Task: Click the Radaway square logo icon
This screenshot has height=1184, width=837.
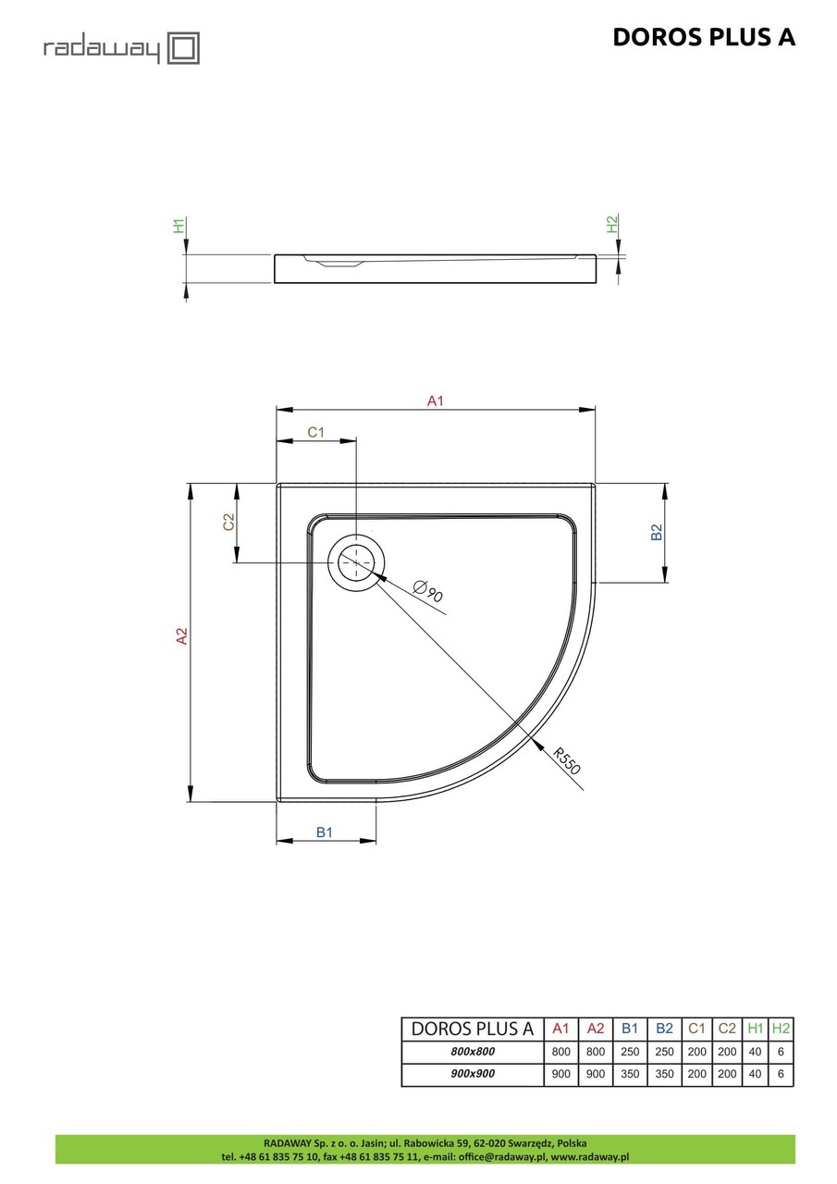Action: (x=183, y=48)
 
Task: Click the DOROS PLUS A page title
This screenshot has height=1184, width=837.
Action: (x=703, y=37)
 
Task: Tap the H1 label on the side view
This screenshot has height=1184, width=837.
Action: (x=179, y=226)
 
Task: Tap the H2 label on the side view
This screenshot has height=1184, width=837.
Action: (x=611, y=224)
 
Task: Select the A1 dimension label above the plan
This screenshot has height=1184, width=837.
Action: (x=436, y=401)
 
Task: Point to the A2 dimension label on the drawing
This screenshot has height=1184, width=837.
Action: (x=182, y=636)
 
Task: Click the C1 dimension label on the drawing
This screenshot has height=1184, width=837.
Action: (x=315, y=432)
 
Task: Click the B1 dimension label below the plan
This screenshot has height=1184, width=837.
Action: (x=324, y=832)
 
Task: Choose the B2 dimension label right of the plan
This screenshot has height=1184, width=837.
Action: (x=657, y=533)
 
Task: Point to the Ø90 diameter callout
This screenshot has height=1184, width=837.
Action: (x=429, y=590)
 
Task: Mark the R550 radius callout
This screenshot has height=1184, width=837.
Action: (x=566, y=758)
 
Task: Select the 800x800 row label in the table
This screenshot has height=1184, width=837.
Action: (x=473, y=1052)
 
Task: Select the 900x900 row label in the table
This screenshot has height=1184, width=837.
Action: (x=473, y=1075)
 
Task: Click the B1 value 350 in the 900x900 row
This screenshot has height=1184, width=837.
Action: (x=629, y=1075)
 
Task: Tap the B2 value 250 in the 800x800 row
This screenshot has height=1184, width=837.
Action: (x=663, y=1052)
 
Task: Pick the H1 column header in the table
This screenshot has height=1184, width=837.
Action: (x=755, y=1029)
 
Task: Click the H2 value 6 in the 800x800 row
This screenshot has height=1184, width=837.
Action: (x=782, y=1052)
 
